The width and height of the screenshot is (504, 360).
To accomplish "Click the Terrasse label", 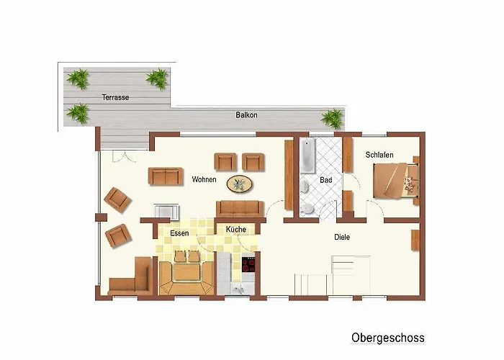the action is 115,97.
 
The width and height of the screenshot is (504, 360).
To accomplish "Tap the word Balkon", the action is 246,114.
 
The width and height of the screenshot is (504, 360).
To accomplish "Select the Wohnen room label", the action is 204,179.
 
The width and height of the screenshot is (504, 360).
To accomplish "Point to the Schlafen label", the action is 379,155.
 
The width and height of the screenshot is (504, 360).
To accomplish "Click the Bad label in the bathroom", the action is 326,180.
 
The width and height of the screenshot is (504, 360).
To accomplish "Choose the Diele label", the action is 342,237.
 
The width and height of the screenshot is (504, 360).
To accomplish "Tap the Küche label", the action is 236,229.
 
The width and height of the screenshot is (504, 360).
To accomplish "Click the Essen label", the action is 179,233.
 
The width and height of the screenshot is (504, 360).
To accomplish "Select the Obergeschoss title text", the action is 387,338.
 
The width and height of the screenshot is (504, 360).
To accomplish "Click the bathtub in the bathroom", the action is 308,156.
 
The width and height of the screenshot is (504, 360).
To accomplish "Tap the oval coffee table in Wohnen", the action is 240,184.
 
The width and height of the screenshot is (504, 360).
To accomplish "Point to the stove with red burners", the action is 248,265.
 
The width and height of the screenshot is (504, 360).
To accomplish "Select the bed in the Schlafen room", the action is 396,180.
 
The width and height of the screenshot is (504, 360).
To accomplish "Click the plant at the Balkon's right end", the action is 333,118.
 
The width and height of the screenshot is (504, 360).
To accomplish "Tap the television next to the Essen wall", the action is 166,212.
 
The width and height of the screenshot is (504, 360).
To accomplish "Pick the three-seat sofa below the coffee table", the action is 240,209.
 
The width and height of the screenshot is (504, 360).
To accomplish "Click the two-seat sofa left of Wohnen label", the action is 166,176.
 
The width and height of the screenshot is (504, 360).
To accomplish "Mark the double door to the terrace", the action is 125,156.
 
